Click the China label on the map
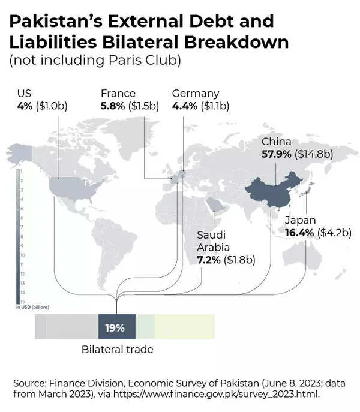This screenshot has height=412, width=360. pos(276,142)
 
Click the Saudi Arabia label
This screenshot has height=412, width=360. pos(211,241)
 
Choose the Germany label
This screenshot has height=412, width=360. pos(195,94)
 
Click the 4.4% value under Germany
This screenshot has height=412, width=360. pos(184,106)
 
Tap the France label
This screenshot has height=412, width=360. pos(118,94)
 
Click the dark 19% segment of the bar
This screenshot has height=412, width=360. pos(116,328)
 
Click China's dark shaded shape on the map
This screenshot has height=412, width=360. pos(273,192)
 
